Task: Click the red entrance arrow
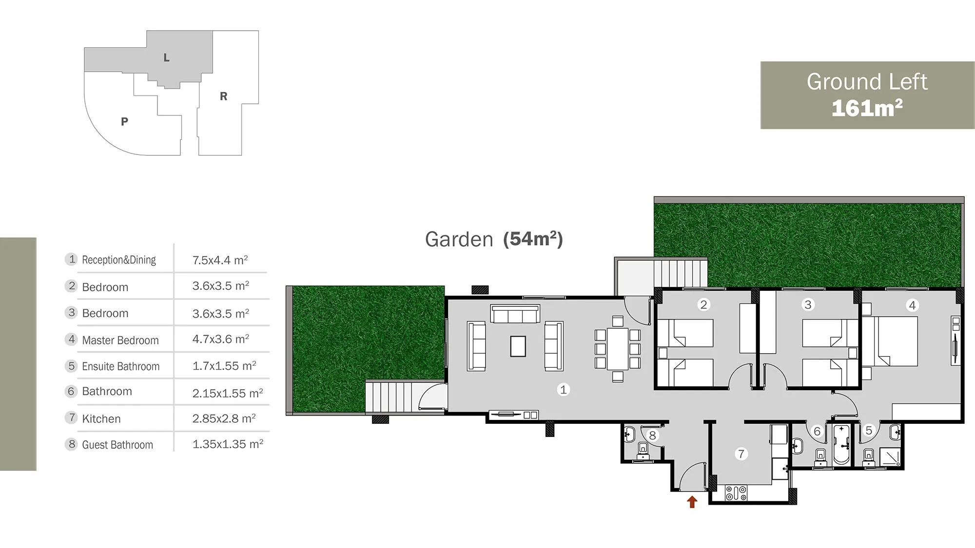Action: (x=692, y=502)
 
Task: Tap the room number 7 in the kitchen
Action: (x=741, y=454)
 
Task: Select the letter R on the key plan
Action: (x=223, y=96)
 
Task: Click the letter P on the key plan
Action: (x=124, y=122)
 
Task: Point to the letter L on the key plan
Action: (x=166, y=58)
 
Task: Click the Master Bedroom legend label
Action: (x=120, y=340)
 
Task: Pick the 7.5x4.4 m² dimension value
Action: (x=220, y=260)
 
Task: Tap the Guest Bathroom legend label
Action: (x=117, y=445)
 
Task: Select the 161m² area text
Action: (x=867, y=108)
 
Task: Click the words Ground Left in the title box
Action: (x=867, y=82)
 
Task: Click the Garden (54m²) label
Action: (x=494, y=239)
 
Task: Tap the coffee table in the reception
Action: (x=518, y=346)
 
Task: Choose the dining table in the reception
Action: (x=617, y=349)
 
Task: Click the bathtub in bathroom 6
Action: (x=841, y=444)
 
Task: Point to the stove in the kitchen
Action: (x=736, y=493)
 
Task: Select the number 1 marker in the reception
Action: (x=564, y=390)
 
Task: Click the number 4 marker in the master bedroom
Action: (x=912, y=305)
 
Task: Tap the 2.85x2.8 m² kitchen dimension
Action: (x=224, y=419)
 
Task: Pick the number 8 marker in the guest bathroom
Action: (x=652, y=435)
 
